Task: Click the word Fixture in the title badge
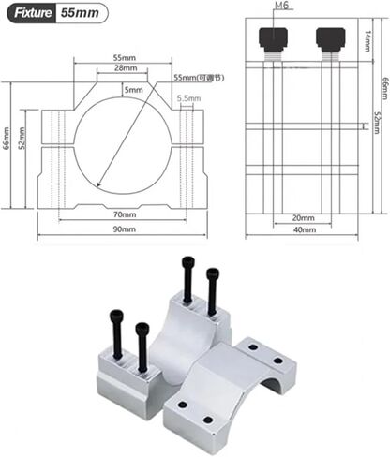[29, 15]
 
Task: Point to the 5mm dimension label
[134, 90]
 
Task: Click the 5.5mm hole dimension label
[187, 98]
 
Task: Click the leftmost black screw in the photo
[116, 332]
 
